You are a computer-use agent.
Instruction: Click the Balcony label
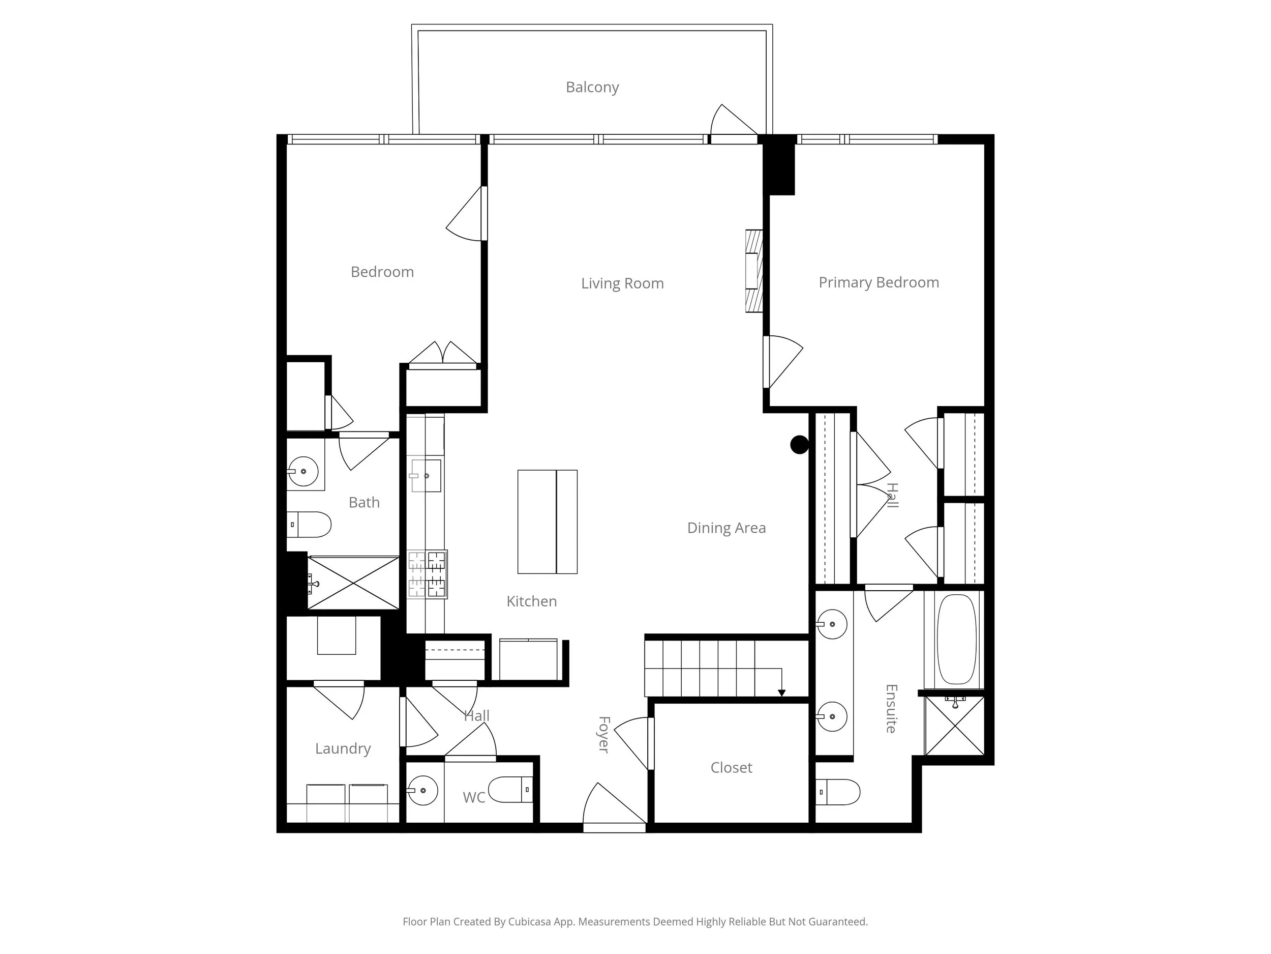point(592,88)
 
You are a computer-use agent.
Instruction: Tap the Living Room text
point(622,283)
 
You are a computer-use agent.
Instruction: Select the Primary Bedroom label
point(879,282)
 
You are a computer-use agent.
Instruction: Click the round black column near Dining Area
point(799,445)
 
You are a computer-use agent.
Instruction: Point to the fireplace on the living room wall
point(754,271)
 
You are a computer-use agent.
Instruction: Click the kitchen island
point(547,522)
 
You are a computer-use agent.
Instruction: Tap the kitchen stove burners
point(427,574)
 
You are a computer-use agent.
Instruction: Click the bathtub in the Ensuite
point(956,639)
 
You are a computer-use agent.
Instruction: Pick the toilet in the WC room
point(509,790)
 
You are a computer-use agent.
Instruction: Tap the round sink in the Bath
point(303,472)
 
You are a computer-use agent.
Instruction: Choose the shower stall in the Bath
point(353,583)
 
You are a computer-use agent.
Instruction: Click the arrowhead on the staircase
point(781,693)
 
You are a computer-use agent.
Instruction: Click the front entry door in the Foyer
point(614,807)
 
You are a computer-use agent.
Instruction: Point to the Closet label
point(731,768)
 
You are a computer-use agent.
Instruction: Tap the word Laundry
point(343,749)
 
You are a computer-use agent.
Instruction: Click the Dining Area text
point(727,528)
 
